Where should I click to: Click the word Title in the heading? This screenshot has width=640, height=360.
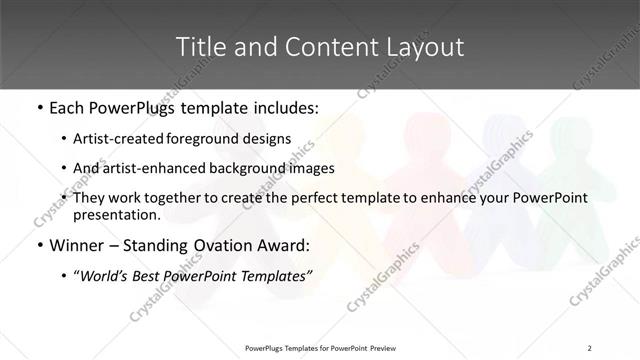pos(198,46)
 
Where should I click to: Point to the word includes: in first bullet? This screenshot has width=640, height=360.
pos(285,106)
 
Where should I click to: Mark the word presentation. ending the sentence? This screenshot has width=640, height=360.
pos(117,214)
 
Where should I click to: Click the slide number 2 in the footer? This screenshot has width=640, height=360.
pos(590,347)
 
